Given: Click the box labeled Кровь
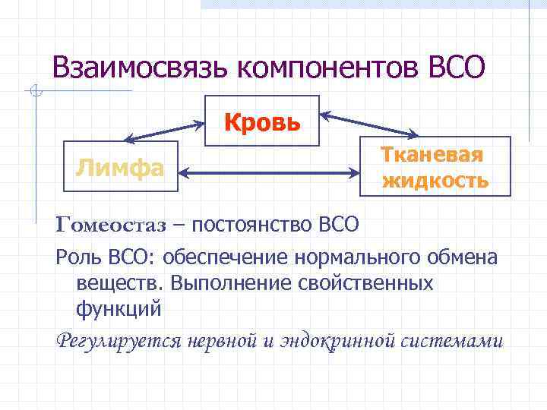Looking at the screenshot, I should (262, 121).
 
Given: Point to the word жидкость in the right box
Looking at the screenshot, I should (435, 182).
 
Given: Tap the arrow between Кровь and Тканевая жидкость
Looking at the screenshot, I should (368, 123).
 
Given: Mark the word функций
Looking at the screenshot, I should (119, 310).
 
